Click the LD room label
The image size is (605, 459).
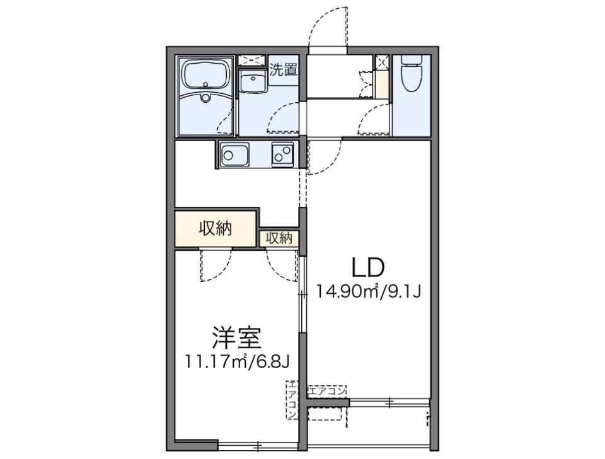point(367,268)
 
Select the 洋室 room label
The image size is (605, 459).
point(236,339)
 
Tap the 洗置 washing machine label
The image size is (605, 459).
point(283,69)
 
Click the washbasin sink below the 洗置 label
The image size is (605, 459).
point(255,82)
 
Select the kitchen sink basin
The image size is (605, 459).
point(234,154)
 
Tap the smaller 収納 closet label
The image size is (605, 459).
point(278,238)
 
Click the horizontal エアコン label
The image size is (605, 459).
point(327,391)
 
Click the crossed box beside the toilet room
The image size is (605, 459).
point(381,62)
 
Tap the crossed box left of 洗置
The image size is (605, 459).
point(253,61)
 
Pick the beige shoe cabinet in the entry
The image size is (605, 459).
point(381,84)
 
